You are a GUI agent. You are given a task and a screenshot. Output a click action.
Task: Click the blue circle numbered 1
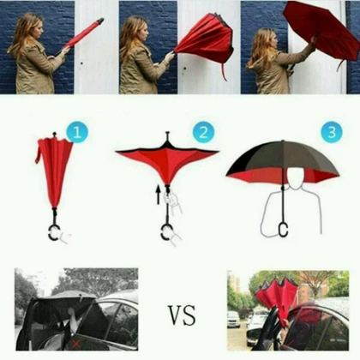coord(77,132)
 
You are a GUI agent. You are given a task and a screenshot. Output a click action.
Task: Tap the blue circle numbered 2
coord(203,132)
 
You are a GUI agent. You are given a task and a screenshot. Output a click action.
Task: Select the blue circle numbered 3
coord(332,132)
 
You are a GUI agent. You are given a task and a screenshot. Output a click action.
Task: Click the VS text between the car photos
coord(182,315)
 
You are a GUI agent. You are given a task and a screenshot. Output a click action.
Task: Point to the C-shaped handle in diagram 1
coord(51,233)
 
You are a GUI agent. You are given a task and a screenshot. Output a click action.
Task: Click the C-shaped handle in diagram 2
coord(163,232)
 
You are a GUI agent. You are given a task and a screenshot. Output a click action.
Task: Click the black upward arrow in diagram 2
coord(158,195)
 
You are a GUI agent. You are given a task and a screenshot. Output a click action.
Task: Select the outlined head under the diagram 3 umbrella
coord(296,177)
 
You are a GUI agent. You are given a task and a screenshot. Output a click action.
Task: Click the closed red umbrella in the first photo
coord(83,33)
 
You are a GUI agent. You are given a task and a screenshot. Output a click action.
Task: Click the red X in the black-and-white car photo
coord(76,344)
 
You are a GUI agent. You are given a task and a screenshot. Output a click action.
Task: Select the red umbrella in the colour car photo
coord(277,298)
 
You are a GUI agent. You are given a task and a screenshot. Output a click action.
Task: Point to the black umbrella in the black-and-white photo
coord(67,307)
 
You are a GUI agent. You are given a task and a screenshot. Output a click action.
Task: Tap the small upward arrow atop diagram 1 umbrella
coord(55,135)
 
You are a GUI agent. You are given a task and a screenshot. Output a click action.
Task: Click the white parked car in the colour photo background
coord(233,320)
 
